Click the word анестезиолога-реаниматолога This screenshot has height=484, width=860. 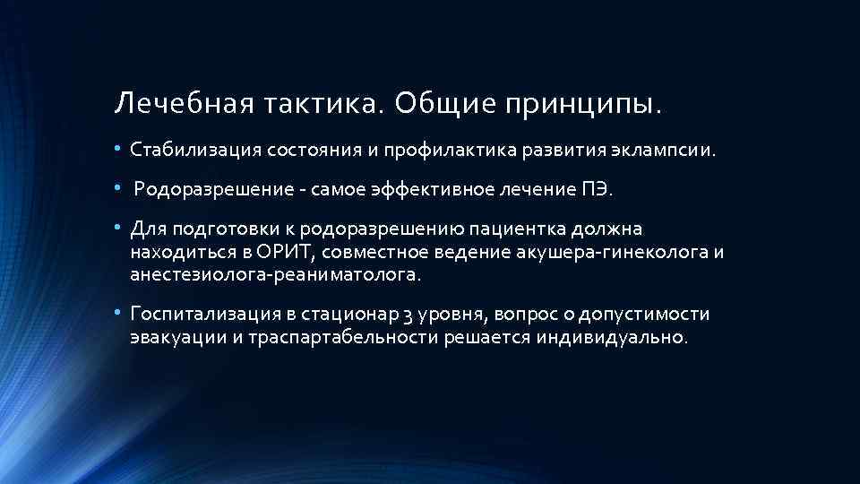coord(273,274)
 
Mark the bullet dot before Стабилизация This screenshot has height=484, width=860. coord(119,149)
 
